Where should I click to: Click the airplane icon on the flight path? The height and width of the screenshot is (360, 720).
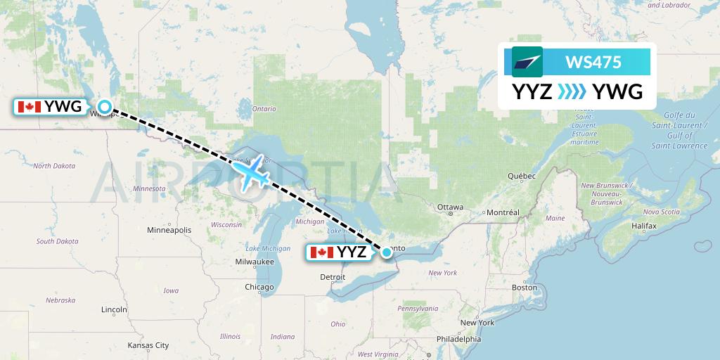pyautogui.click(x=251, y=171)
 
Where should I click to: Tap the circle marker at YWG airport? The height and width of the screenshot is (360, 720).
pyautogui.click(x=105, y=107)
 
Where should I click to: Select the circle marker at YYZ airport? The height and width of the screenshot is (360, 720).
pyautogui.click(x=386, y=252)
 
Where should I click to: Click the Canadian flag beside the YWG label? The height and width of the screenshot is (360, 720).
pyautogui.click(x=29, y=107)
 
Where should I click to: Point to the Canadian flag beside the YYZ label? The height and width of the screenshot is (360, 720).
pyautogui.click(x=321, y=252)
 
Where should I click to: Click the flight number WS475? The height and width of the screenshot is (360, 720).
pyautogui.click(x=593, y=62)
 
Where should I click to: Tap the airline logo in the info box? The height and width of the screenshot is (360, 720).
pyautogui.click(x=527, y=62)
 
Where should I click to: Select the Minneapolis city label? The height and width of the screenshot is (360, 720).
pyautogui.click(x=169, y=230)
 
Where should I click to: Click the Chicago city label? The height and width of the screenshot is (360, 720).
pyautogui.click(x=259, y=287)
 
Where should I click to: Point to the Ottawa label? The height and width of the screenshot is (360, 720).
pyautogui.click(x=450, y=207)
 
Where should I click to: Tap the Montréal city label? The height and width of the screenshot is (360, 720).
pyautogui.click(x=502, y=212)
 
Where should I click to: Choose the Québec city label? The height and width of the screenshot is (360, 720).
pyautogui.click(x=522, y=175)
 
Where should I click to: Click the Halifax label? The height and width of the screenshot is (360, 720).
pyautogui.click(x=643, y=226)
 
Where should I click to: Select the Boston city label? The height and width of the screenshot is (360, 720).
pyautogui.click(x=524, y=287)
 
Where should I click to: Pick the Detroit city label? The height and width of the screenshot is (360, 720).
pyautogui.click(x=333, y=277)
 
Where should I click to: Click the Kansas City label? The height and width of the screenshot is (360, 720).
pyautogui.click(x=148, y=345)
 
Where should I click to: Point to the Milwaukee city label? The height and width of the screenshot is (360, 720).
pyautogui.click(x=255, y=262)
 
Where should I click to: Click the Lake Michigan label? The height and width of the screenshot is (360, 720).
pyautogui.click(x=268, y=248)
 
